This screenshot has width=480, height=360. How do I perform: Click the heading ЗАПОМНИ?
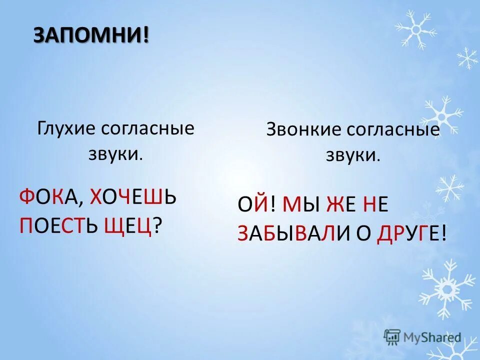91,35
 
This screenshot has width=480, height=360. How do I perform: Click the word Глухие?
66,129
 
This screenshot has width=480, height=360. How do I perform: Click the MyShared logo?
422,336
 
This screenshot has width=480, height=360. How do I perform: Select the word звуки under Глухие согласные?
115,154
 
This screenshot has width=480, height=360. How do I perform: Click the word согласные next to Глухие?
147,129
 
